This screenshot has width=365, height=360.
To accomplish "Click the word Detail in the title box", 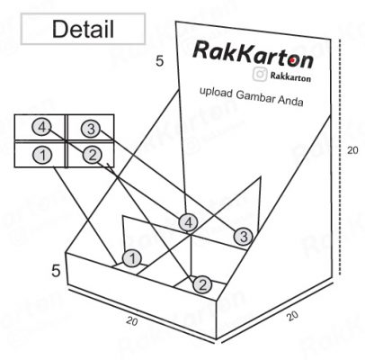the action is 83,29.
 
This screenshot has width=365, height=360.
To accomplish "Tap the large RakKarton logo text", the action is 254,55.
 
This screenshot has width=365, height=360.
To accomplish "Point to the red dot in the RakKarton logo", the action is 292,61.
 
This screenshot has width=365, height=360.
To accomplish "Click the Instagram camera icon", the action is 260,74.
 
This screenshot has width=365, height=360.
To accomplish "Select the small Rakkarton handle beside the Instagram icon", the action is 290,77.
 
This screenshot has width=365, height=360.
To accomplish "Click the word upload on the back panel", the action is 216,92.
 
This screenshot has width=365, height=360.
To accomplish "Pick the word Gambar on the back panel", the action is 255,97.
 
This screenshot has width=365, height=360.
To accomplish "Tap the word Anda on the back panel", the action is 291,101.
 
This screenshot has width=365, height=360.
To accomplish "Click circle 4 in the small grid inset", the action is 42,127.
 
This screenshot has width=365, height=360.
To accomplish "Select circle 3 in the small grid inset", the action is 91,129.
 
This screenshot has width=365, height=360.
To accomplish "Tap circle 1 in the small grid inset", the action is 43,155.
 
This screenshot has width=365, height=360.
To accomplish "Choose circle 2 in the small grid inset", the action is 92,155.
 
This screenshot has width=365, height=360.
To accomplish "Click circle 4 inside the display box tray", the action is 188,223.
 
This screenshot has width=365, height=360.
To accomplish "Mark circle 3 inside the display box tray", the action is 244,237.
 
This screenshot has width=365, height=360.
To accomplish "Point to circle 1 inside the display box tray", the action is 132,258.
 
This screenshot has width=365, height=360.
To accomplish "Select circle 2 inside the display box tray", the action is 202,285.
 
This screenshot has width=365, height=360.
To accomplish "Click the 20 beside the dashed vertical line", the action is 352,149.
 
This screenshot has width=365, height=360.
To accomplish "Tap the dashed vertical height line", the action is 340,157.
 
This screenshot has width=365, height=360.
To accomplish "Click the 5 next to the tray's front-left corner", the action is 56,271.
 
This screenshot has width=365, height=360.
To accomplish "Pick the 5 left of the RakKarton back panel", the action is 160,61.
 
